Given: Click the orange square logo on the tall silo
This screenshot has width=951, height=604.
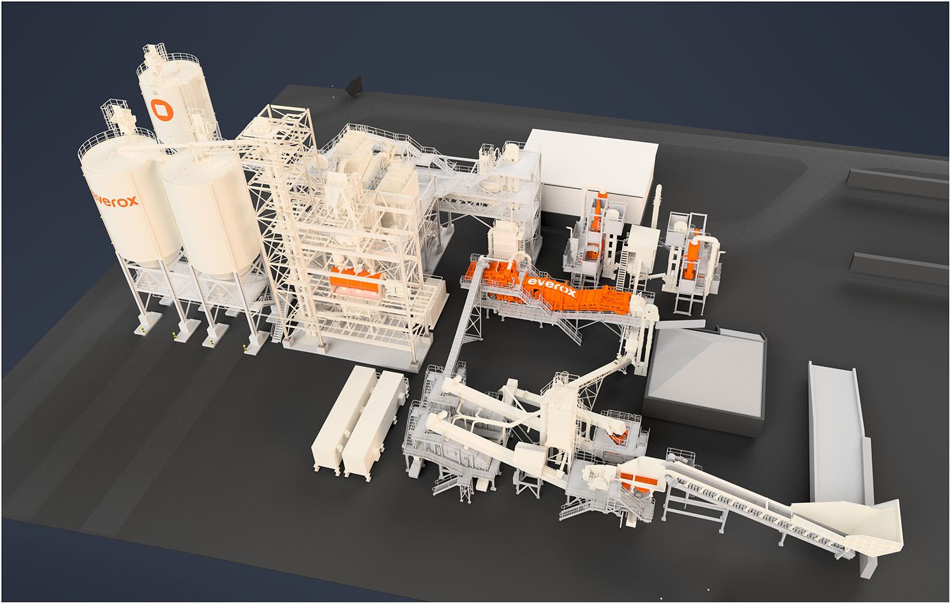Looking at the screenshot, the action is (162, 110).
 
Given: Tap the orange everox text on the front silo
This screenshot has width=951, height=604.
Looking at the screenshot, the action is (115, 200).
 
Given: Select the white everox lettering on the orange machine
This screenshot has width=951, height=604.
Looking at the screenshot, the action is (552, 287).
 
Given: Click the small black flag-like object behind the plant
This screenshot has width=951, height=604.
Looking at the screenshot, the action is (353, 86).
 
